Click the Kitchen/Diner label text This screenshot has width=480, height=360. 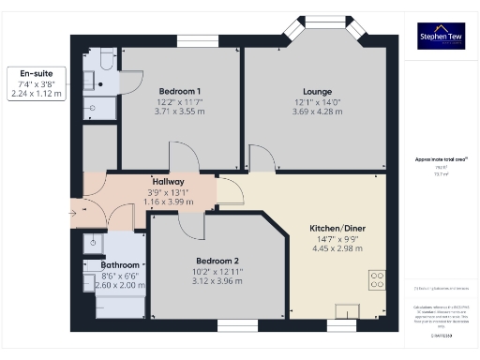[338, 228]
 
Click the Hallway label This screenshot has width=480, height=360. [170, 181]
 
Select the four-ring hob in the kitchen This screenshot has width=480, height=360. [378, 279]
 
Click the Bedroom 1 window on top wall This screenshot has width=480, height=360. [198, 40]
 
